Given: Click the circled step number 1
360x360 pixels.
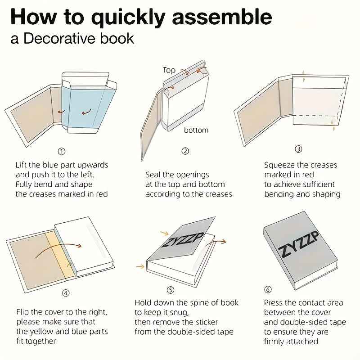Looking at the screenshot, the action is [x=61, y=152].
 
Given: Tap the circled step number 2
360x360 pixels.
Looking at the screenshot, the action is [x=185, y=151].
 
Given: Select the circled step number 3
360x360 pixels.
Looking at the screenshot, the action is [x=298, y=149].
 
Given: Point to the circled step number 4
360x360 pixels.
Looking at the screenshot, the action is [x=66, y=293].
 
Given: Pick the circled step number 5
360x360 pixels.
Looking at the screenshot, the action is [x=170, y=290].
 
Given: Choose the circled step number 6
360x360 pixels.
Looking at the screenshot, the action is [x=268, y=289].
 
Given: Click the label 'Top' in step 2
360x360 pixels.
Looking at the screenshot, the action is [x=169, y=70].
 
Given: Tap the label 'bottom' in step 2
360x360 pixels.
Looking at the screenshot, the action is [x=196, y=130].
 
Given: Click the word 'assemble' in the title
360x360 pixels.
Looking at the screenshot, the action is [x=222, y=17].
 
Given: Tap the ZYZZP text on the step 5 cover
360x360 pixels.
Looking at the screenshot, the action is [x=183, y=239].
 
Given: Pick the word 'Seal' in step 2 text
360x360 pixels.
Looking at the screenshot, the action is [x=153, y=175].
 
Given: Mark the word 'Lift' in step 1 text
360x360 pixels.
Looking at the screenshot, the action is [x=21, y=165].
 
